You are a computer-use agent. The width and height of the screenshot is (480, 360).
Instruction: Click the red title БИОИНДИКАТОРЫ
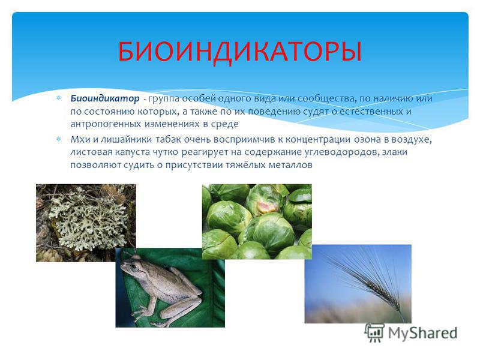pyautogui.click(x=239, y=52)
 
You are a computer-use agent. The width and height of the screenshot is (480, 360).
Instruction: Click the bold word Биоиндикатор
pyautogui.click(x=104, y=98)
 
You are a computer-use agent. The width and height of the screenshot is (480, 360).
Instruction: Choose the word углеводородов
pyautogui.click(x=336, y=152)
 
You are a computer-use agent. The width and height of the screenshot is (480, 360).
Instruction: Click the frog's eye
pyautogui.click(x=134, y=266)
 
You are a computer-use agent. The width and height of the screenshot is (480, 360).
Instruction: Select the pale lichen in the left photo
pyautogui.click(x=89, y=220)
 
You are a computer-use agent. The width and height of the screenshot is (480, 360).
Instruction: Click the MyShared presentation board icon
pyautogui.click(x=374, y=333)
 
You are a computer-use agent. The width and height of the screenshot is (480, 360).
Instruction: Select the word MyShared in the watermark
pyautogui.click(x=423, y=333)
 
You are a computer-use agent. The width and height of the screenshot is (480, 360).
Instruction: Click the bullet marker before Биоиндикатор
pyautogui.click(x=58, y=98)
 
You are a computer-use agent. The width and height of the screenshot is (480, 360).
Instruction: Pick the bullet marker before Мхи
pyautogui.click(x=58, y=139)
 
